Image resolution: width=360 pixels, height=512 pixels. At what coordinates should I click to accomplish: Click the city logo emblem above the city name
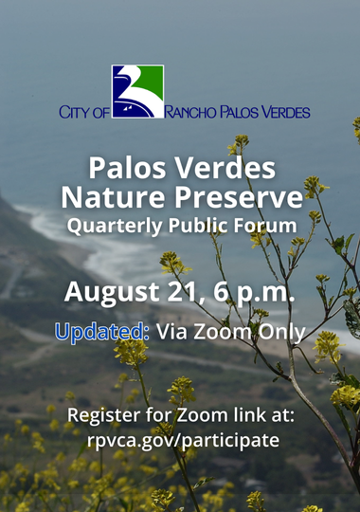pos(137,91)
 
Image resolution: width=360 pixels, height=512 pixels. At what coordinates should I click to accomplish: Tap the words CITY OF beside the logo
pos(84,112)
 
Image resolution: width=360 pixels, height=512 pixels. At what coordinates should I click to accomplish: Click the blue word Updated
pos(102,332)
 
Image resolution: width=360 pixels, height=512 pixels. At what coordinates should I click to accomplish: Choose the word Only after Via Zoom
pos(281,332)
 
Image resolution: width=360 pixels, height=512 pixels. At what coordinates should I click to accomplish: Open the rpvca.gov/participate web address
pos(181,441)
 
